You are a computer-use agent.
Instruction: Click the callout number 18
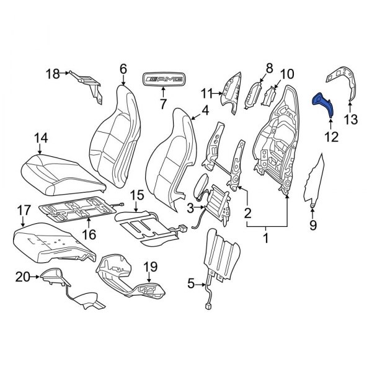[53, 74]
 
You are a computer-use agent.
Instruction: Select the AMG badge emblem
[164, 79]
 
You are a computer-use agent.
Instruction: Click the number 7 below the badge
[164, 104]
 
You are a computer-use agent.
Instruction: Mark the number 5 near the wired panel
[190, 285]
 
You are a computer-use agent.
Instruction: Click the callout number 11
[206, 94]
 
